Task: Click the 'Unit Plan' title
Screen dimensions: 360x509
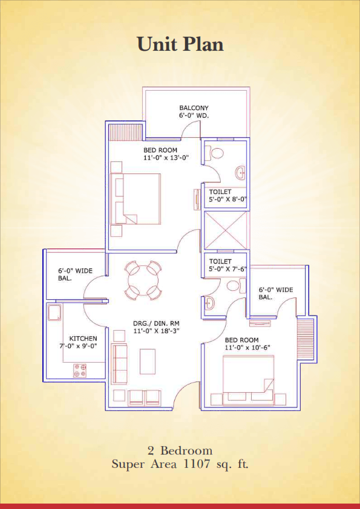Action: [x=180, y=44]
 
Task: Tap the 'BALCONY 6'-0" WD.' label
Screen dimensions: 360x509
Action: [x=194, y=111]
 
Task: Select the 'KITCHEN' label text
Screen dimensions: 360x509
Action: [x=83, y=339]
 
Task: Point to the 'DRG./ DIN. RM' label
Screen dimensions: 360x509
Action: [x=156, y=323]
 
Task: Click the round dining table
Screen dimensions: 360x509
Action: [x=143, y=280]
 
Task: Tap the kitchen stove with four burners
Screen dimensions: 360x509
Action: [x=80, y=371]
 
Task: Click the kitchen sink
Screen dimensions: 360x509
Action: [x=54, y=312]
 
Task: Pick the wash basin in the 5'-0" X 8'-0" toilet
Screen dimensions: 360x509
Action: [x=241, y=172]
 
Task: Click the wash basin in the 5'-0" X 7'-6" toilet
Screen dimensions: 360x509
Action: [x=209, y=302]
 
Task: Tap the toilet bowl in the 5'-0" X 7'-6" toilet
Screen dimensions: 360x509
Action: [x=236, y=285]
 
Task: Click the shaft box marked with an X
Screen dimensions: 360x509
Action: [x=225, y=230]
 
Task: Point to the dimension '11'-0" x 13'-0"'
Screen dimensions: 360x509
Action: [x=166, y=158]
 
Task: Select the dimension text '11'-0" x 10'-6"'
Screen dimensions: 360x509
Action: [x=248, y=348]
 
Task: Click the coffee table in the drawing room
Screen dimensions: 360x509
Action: [x=148, y=361]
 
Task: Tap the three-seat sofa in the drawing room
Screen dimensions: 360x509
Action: [x=119, y=365]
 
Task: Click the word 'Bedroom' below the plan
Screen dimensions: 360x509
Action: [x=186, y=450]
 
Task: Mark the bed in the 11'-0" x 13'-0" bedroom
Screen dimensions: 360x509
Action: [x=136, y=199]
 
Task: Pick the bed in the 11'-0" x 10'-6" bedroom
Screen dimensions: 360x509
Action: [x=248, y=380]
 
